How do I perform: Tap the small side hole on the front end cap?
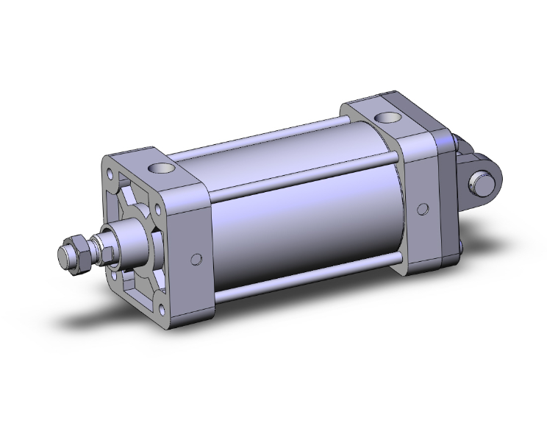coord(196,259)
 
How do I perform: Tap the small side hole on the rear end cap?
coord(422,209)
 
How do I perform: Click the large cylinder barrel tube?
coord(309,221)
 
